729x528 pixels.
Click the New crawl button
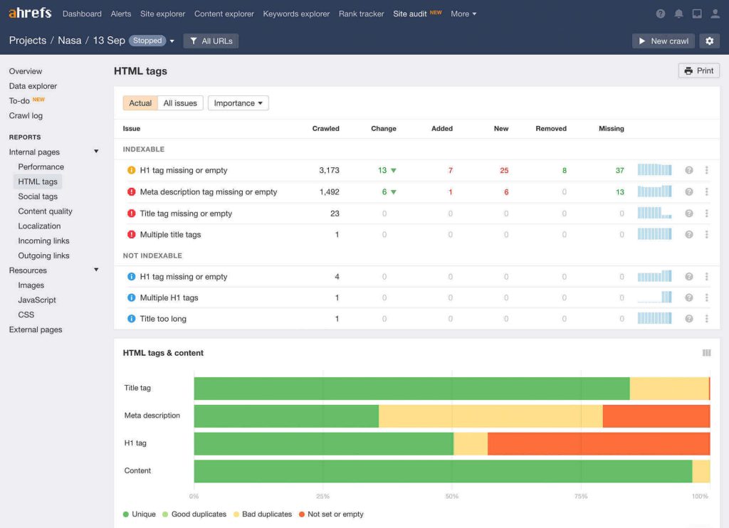(x=663, y=41)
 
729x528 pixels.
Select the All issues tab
(x=180, y=103)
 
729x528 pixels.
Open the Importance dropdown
(x=238, y=103)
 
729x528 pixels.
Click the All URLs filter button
(x=211, y=41)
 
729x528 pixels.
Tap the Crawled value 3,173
(x=329, y=171)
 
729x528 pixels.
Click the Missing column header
(x=611, y=129)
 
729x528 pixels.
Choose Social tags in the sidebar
(x=38, y=196)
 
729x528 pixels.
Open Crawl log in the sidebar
(x=26, y=116)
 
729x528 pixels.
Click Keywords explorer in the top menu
(x=296, y=14)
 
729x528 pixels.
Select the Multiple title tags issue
(x=170, y=235)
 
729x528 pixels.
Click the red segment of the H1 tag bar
(x=598, y=443)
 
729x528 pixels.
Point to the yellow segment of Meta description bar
(x=490, y=416)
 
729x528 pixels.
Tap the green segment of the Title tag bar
(x=411, y=389)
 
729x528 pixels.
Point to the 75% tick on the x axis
(x=581, y=497)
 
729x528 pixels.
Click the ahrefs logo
(x=30, y=13)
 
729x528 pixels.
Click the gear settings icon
(x=709, y=41)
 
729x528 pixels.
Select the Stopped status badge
(x=147, y=41)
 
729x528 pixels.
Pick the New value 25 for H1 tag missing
(x=504, y=171)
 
